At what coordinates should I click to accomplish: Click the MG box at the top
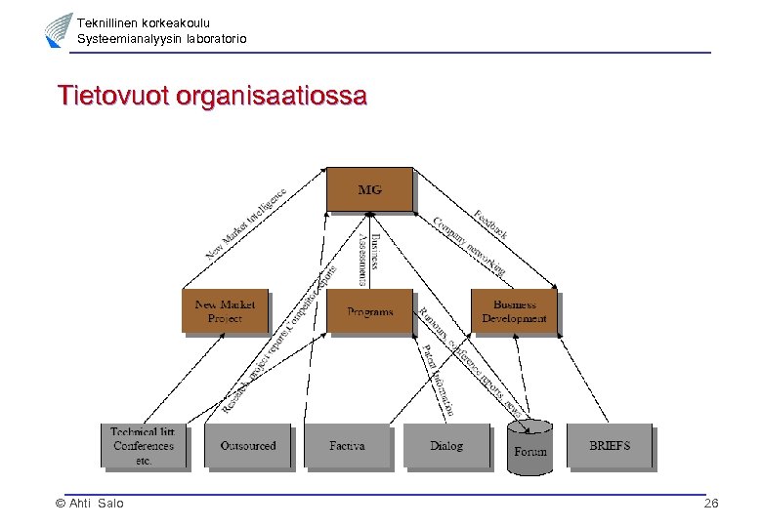click(369, 189)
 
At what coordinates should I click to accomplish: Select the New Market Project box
click(225, 311)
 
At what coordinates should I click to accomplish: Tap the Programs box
click(369, 311)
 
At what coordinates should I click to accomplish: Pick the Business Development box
click(514, 311)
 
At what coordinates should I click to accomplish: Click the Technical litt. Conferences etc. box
click(144, 446)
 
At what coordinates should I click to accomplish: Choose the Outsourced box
click(248, 446)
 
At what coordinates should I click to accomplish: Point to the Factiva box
click(347, 446)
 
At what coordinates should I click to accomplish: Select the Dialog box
click(445, 446)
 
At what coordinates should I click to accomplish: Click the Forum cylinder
click(530, 449)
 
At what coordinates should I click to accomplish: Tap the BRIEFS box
click(610, 446)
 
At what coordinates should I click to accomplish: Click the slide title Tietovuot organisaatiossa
click(212, 97)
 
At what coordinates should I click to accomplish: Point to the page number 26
click(711, 504)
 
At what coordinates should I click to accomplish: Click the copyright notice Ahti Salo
click(90, 504)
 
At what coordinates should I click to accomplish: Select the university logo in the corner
click(58, 30)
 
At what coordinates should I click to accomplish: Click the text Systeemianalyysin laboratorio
click(162, 38)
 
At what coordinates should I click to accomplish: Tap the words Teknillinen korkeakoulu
click(144, 22)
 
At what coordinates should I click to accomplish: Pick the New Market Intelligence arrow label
click(246, 223)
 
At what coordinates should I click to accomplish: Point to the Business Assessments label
click(368, 258)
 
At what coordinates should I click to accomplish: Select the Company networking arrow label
click(469, 244)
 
